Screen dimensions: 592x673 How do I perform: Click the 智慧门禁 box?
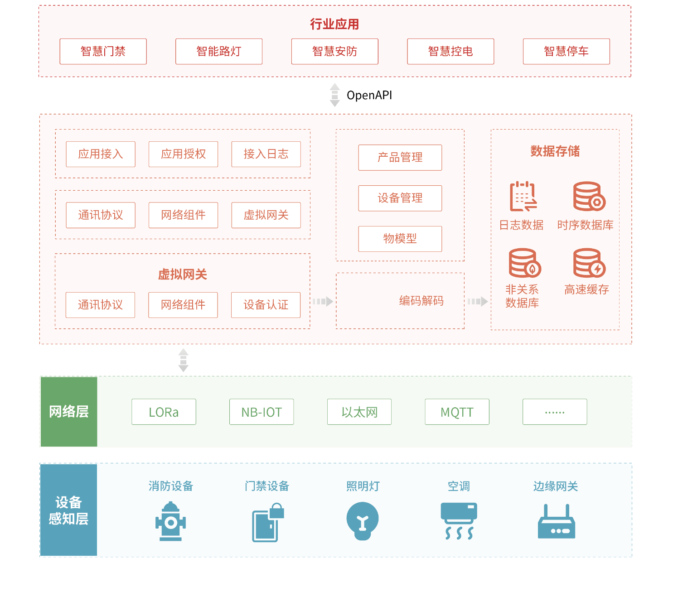click(x=103, y=51)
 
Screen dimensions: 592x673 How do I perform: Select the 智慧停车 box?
click(x=566, y=51)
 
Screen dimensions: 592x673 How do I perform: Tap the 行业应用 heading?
click(x=334, y=24)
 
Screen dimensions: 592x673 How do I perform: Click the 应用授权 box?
click(x=183, y=154)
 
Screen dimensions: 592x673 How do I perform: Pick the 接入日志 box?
click(x=266, y=154)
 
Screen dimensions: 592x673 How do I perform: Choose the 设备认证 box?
click(x=266, y=305)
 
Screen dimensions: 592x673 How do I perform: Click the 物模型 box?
click(x=400, y=239)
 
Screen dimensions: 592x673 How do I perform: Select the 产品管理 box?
click(x=400, y=158)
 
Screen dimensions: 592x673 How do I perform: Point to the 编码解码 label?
click(x=421, y=301)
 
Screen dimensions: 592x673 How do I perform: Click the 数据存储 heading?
click(x=555, y=151)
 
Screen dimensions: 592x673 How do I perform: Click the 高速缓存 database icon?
click(x=589, y=263)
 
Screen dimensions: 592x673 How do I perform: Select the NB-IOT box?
click(x=261, y=412)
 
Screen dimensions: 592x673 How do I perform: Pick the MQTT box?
click(x=457, y=412)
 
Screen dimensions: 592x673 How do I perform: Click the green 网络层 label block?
click(x=68, y=411)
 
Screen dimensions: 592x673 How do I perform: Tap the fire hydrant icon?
click(x=170, y=521)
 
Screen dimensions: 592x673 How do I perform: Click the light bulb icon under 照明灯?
click(x=362, y=521)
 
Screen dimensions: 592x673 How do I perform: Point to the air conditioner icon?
click(x=459, y=521)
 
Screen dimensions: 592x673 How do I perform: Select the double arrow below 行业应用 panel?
click(x=334, y=95)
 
